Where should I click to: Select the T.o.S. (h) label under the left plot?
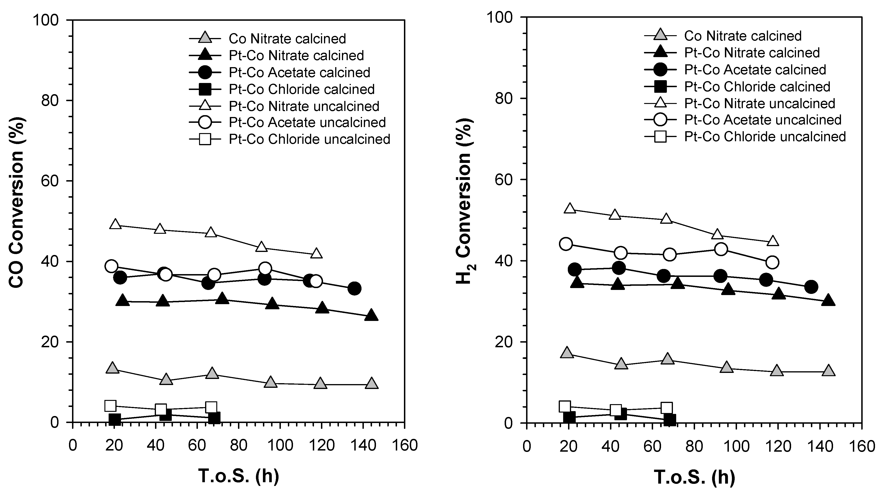(239, 476)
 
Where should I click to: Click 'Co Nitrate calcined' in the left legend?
(287, 39)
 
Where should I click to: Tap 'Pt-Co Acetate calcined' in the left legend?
(299, 72)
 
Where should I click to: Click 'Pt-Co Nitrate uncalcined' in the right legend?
(759, 103)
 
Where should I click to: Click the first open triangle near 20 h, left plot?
(115, 224)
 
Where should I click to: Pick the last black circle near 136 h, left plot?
(354, 289)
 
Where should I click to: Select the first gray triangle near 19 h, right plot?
(567, 353)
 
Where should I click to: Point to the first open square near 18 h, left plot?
(110, 406)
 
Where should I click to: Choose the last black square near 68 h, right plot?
(670, 420)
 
